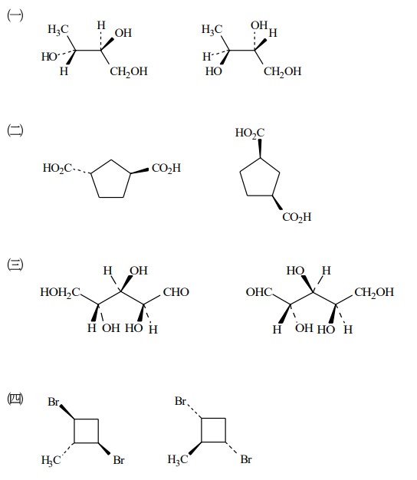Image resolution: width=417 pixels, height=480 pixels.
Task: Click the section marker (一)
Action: (x=15, y=15)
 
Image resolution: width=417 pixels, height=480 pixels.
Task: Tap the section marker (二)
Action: (x=15, y=130)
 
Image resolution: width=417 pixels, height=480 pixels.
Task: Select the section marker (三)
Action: (x=15, y=265)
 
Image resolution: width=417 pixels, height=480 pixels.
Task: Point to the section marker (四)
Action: (x=15, y=399)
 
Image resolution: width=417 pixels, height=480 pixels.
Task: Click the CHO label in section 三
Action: (x=176, y=291)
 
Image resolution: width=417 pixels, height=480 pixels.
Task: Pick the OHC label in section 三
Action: (x=259, y=291)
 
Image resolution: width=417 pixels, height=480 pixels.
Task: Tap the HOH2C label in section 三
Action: (x=61, y=292)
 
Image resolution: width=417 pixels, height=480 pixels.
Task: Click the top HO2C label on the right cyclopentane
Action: (x=250, y=133)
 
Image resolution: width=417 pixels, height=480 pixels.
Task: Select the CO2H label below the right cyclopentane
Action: (x=297, y=217)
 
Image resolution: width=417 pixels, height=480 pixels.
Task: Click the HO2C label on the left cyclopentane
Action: (x=57, y=168)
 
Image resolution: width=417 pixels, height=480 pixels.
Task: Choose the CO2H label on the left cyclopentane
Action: (x=166, y=168)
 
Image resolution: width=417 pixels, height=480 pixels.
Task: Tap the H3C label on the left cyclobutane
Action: (x=51, y=460)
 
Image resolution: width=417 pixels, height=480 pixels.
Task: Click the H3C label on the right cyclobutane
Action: (x=177, y=459)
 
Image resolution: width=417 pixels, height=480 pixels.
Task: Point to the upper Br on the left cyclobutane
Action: (x=53, y=402)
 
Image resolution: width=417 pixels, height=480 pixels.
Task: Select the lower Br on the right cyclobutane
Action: (x=246, y=459)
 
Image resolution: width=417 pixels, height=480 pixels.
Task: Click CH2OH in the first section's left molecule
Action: (x=129, y=71)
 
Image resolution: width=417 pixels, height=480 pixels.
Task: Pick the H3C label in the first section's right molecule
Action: (x=212, y=30)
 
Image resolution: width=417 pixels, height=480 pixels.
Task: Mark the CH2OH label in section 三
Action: (x=374, y=292)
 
